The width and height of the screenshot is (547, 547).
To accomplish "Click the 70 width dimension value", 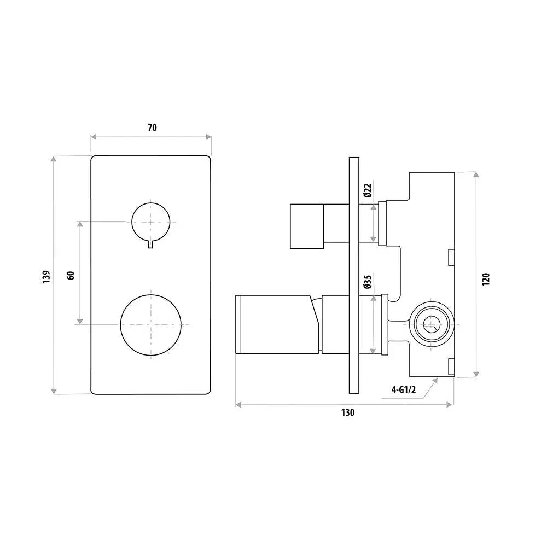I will pyautogui.click(x=152, y=127).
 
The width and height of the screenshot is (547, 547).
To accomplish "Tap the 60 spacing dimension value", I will pyautogui.click(x=70, y=275).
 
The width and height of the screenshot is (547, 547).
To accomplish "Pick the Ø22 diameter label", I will pyautogui.click(x=368, y=190).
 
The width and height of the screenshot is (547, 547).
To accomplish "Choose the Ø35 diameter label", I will pyautogui.click(x=368, y=282).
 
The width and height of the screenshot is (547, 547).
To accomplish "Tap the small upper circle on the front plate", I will pyautogui.click(x=150, y=222).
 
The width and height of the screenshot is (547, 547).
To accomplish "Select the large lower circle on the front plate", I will pyautogui.click(x=150, y=325).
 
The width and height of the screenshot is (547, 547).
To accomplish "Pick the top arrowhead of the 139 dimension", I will pyautogui.click(x=54, y=160).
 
